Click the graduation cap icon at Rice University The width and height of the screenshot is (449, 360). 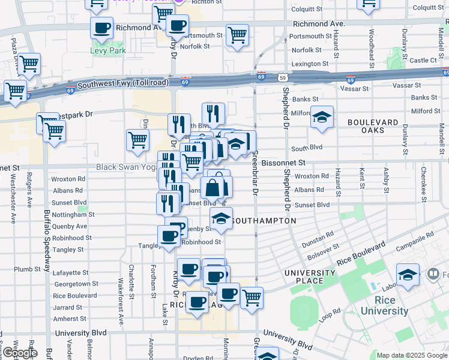[x=408, y=275]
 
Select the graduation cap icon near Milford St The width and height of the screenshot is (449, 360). [x=322, y=117]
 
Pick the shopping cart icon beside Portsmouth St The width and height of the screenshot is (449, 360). [x=238, y=35]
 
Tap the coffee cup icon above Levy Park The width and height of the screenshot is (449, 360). [x=101, y=27]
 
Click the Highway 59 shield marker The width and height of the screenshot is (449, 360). [x=282, y=77]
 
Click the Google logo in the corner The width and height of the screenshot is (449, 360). [x=19, y=353]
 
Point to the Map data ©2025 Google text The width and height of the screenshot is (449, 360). [x=412, y=355]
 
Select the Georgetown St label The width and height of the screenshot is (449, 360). [x=76, y=284]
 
